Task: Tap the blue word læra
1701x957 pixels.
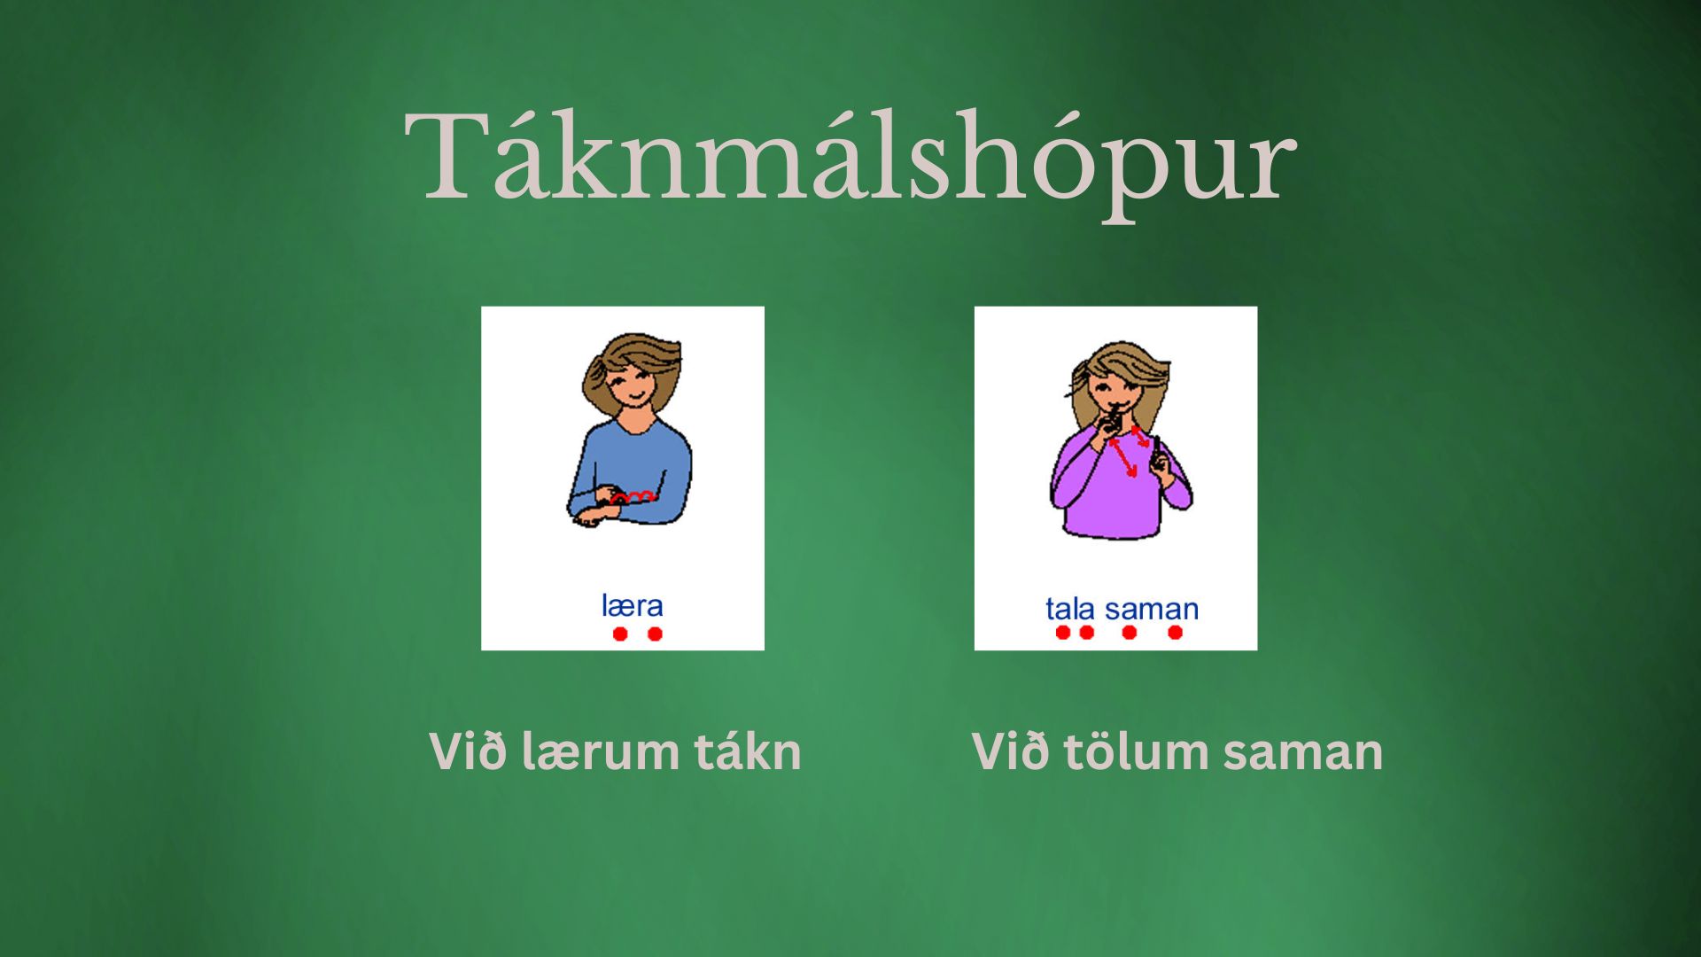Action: pos(632,606)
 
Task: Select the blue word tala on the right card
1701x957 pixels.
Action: pos(1070,610)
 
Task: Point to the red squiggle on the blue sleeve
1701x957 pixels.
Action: pos(633,497)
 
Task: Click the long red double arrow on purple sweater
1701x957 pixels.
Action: pos(1123,457)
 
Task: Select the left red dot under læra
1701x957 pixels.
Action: pos(620,634)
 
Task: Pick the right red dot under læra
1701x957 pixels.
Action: pos(655,634)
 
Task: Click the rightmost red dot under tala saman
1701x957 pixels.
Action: pos(1175,632)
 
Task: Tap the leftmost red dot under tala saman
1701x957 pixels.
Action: pos(1063,632)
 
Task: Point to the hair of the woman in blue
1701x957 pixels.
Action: pos(631,354)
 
